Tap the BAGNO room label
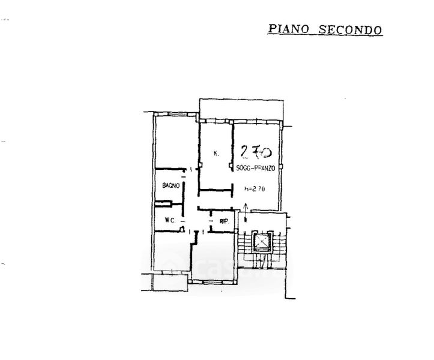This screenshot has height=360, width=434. (170, 187)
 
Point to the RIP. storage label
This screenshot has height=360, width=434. (225, 222)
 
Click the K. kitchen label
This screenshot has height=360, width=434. (215, 154)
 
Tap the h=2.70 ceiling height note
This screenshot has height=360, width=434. (255, 189)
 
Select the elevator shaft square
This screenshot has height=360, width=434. (264, 241)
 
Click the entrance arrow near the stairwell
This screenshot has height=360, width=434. (245, 209)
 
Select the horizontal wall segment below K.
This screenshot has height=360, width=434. (215, 191)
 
